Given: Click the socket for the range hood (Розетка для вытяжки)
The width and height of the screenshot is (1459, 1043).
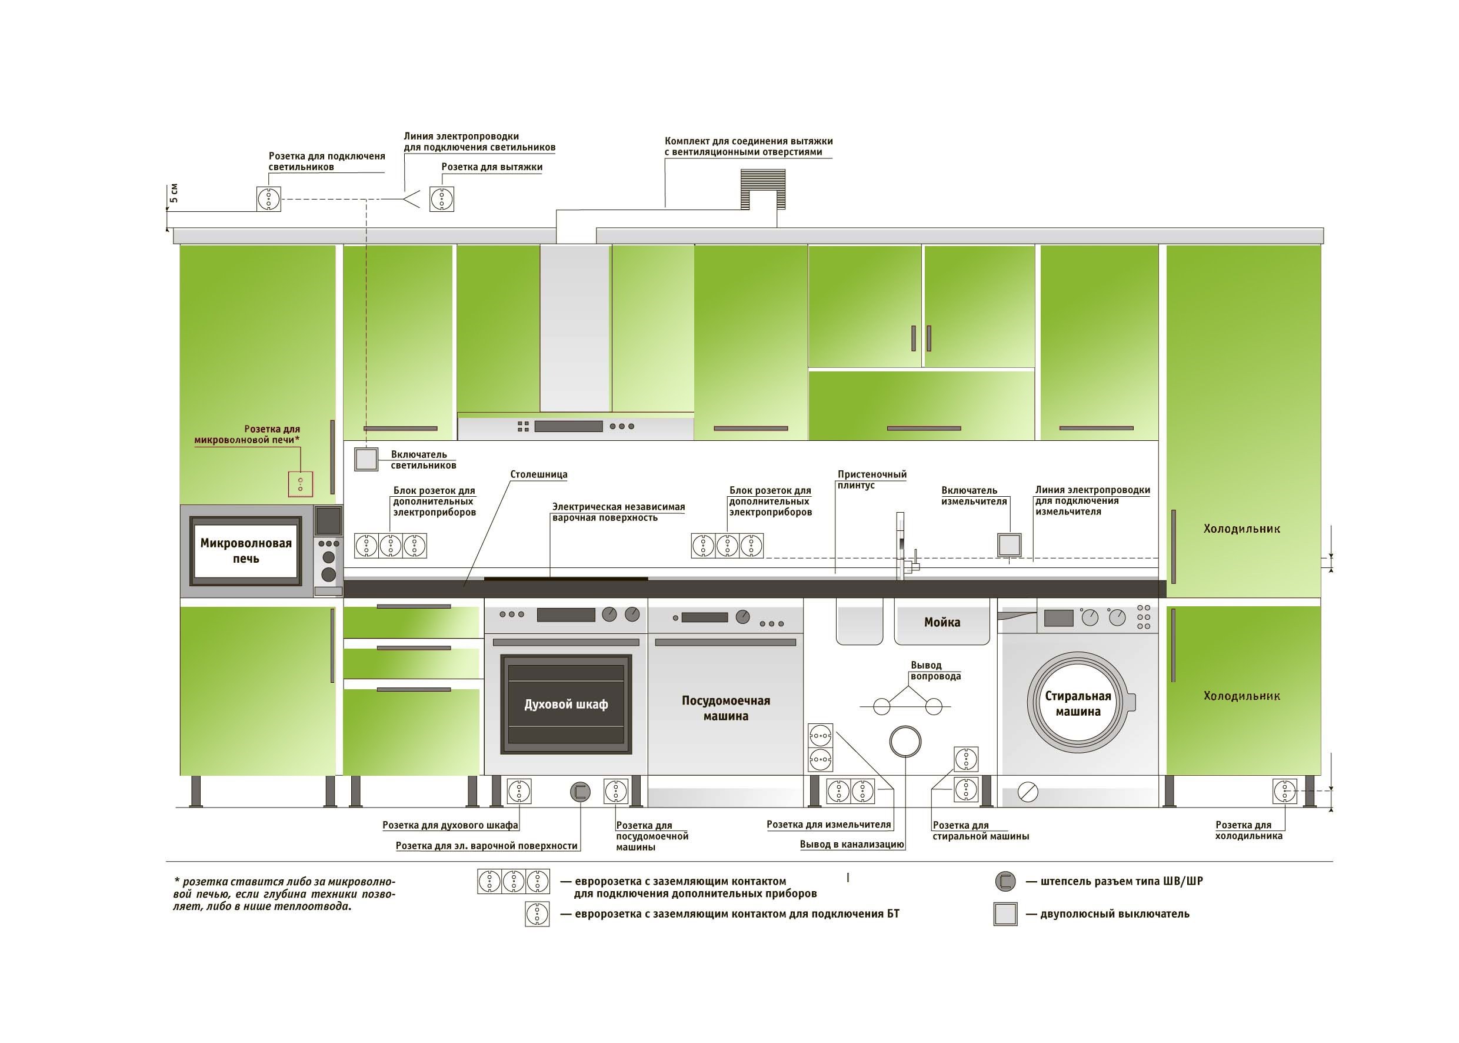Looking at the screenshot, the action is click(x=441, y=198).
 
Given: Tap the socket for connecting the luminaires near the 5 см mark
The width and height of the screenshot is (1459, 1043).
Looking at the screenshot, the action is click(x=268, y=198).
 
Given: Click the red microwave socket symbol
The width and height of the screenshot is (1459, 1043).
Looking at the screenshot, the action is click(x=300, y=484).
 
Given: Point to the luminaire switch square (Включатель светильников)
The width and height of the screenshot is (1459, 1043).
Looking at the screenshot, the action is click(x=366, y=459).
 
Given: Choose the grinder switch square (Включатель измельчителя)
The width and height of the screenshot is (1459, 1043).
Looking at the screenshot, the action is click(x=1009, y=545).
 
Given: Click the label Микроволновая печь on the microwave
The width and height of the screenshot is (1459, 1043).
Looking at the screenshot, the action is click(x=246, y=550).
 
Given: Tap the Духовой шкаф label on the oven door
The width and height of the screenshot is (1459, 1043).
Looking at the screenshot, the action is click(x=565, y=705).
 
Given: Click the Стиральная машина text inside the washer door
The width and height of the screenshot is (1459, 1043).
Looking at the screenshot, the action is click(x=1078, y=703).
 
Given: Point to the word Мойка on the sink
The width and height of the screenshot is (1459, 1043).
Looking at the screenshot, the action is click(x=942, y=622).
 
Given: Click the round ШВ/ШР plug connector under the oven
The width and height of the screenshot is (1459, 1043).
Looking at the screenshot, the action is click(x=580, y=792).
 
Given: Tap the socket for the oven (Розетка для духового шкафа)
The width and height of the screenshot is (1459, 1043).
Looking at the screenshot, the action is click(x=519, y=791).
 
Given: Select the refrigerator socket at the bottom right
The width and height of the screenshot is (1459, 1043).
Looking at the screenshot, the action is click(x=1284, y=791).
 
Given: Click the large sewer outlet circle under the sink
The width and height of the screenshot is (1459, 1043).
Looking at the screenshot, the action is click(x=905, y=742).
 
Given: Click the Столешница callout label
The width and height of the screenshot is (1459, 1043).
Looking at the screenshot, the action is click(x=538, y=474).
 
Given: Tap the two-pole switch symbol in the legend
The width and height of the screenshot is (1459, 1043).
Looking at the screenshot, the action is click(x=1005, y=914).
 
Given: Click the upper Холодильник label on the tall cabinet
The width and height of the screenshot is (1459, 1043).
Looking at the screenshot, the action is click(x=1241, y=529).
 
